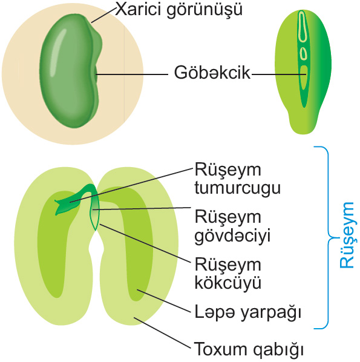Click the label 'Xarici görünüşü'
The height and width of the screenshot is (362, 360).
pyautogui.click(x=178, y=10)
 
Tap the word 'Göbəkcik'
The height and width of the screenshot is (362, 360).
pyautogui.click(x=212, y=73)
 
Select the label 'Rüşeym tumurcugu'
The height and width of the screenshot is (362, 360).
pyautogui.click(x=237, y=179)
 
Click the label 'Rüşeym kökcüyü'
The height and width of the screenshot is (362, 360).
pyautogui.click(x=228, y=274)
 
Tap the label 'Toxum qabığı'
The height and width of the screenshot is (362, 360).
pyautogui.click(x=249, y=349)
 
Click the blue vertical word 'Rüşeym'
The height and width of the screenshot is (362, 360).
pyautogui.click(x=347, y=235)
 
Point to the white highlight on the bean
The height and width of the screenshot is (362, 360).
pyautogui.click(x=57, y=53)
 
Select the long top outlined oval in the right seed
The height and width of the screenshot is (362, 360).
pyautogui.click(x=303, y=27)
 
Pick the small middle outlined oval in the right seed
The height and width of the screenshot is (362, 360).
pyautogui.click(x=304, y=53)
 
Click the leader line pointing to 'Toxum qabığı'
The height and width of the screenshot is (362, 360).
pyautogui.click(x=163, y=333)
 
